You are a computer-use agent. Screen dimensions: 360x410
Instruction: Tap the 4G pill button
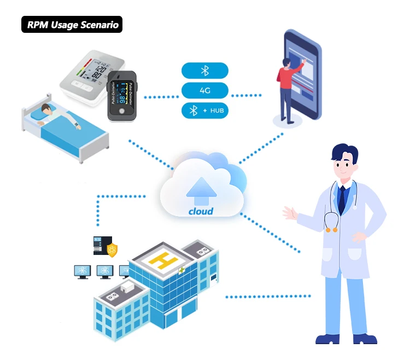205,90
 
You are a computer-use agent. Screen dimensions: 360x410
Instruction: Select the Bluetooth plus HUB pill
205,111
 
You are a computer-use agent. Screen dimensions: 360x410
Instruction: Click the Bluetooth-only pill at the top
205,71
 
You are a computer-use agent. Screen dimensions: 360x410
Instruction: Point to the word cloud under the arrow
201,211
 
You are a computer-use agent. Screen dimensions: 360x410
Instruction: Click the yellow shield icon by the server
112,249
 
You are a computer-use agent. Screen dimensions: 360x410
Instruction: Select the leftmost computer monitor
82,271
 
